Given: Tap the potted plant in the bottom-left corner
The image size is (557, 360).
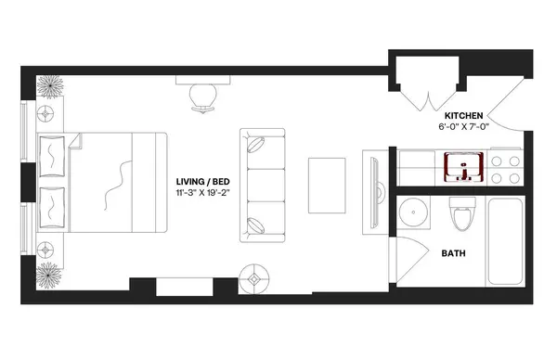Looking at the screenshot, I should (49, 274).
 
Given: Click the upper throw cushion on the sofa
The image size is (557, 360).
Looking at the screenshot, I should (257, 147).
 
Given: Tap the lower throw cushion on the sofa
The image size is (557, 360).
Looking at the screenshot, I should (257, 223).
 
